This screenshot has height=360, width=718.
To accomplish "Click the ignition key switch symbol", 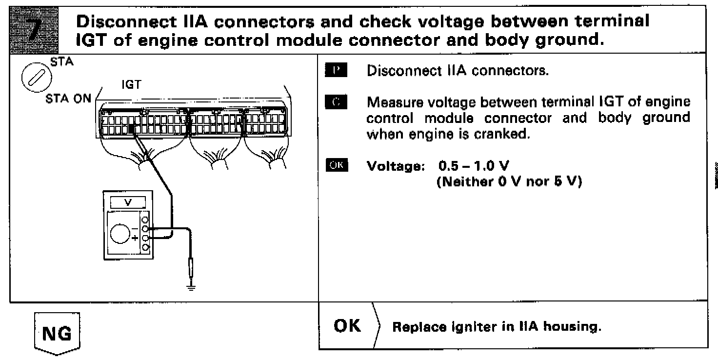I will [33, 78].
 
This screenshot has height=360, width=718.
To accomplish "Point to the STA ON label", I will [68, 98].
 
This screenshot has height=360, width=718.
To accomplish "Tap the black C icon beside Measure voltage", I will [335, 102].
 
